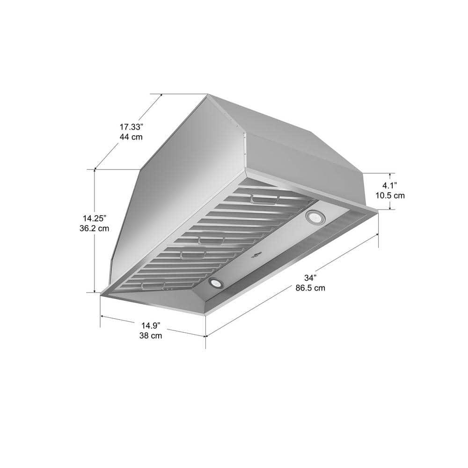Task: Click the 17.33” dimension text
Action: [131, 127]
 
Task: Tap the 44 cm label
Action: [131, 137]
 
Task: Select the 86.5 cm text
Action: [310, 288]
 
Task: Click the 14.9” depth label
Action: [151, 325]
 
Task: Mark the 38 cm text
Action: [151, 336]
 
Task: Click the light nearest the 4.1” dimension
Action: [313, 217]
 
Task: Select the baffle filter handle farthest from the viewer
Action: [264, 200]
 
